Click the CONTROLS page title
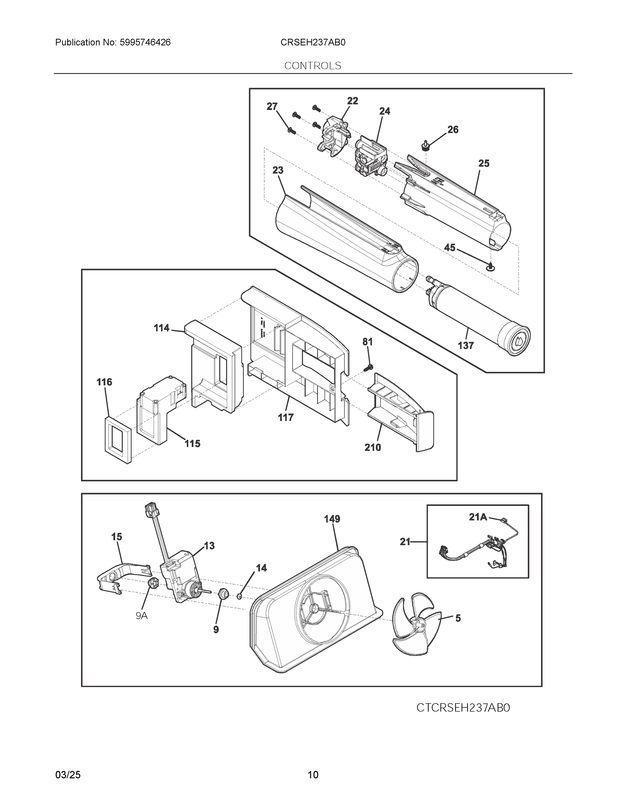[312, 66]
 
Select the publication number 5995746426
[145, 42]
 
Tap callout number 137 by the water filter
[465, 346]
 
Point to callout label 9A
[142, 616]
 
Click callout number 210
[373, 447]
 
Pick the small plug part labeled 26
[425, 146]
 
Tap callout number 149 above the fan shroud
[332, 519]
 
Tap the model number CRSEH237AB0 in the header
[312, 42]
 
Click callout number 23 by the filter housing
[278, 170]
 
